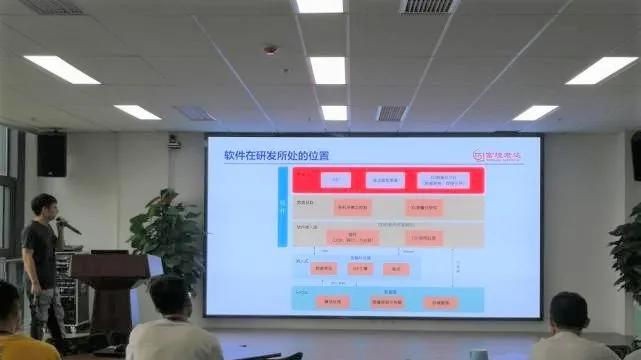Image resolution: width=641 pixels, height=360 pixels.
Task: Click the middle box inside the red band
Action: click(385, 180)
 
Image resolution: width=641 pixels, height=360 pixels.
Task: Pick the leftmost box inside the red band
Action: click(335, 180)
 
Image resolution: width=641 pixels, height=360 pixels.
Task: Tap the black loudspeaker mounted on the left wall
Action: click(52, 155)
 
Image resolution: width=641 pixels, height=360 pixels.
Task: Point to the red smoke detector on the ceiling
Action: click(271, 49)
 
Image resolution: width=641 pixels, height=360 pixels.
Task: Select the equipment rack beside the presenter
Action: click(65, 290)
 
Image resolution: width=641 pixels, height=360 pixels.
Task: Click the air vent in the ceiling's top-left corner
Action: click(51, 7)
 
